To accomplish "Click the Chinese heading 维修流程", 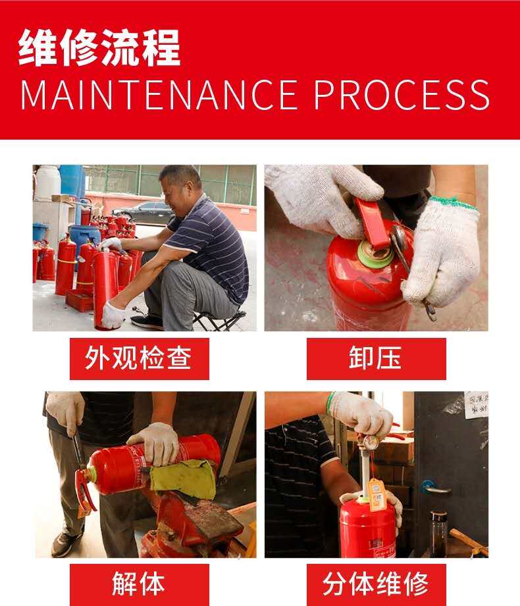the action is (99, 47).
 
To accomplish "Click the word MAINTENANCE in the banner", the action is (159, 95).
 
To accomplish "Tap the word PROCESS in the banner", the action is (402, 95).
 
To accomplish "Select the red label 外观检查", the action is (139, 358).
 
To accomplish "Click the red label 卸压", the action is (377, 358).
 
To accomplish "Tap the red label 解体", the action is (139, 584).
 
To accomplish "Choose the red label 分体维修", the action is (377, 584).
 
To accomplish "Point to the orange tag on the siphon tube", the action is (377, 494).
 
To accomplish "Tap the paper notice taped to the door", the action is (477, 404).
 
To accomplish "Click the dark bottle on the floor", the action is (438, 534).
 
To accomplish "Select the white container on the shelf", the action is (47, 182).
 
